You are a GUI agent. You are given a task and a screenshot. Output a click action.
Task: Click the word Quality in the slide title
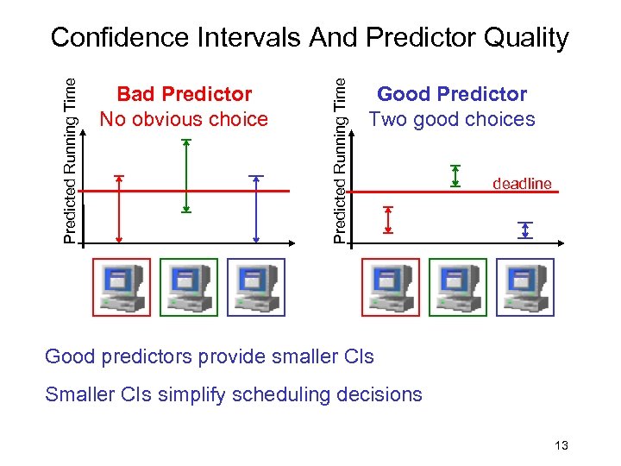[x=527, y=37]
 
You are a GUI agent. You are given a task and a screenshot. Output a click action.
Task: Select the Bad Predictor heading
[x=185, y=93]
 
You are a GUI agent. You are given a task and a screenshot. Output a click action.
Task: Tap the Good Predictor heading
[x=452, y=93]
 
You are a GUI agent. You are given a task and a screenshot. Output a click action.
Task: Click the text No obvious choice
[x=184, y=119]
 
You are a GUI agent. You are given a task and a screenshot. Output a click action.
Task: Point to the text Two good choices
[x=452, y=119]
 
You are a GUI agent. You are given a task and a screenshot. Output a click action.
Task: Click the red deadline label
[x=521, y=183]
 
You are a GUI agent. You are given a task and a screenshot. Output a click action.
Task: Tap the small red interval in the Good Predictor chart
[x=388, y=219]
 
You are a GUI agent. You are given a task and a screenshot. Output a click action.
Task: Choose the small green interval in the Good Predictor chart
[x=455, y=176]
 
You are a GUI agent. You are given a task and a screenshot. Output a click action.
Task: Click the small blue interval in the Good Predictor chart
[x=525, y=230]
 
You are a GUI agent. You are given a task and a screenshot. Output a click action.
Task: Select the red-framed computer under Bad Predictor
[x=121, y=287]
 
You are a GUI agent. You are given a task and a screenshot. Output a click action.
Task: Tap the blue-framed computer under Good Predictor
[x=524, y=287]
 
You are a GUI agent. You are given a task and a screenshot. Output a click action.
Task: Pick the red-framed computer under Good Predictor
[x=390, y=287]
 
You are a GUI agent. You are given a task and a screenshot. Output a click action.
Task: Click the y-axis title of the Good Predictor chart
[x=341, y=160]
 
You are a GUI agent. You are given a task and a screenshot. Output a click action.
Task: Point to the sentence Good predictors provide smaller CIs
[x=209, y=356]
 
